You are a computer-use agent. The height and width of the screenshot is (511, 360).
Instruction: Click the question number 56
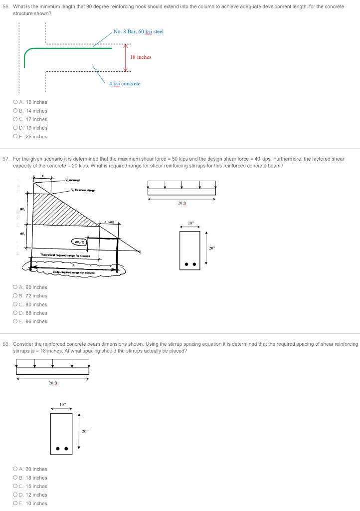pyautogui.click(x=6, y=6)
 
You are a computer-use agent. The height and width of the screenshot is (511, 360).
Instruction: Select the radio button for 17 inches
pyautogui.click(x=15, y=119)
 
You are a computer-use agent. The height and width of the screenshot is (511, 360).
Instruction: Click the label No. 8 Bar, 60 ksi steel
pyautogui.click(x=138, y=31)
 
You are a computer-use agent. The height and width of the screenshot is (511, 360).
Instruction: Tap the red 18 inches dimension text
pyautogui.click(x=140, y=57)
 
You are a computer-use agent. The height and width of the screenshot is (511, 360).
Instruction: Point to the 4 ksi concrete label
pyautogui.click(x=125, y=83)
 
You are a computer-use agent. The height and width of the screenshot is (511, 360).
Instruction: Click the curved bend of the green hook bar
pyautogui.click(x=28, y=51)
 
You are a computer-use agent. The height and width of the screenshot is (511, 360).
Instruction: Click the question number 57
pyautogui.click(x=6, y=159)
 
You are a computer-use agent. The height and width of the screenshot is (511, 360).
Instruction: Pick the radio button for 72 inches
pyautogui.click(x=15, y=296)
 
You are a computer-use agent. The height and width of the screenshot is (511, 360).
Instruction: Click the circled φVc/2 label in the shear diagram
pyautogui.click(x=79, y=242)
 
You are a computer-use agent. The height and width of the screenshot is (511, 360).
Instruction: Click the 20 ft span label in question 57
pyautogui.click(x=181, y=203)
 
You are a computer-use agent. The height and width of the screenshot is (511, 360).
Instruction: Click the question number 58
pyautogui.click(x=6, y=344)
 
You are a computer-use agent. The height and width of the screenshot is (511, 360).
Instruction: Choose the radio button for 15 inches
pyautogui.click(x=15, y=486)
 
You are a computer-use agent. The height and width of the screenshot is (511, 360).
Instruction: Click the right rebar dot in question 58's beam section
pyautogui.click(x=66, y=449)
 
